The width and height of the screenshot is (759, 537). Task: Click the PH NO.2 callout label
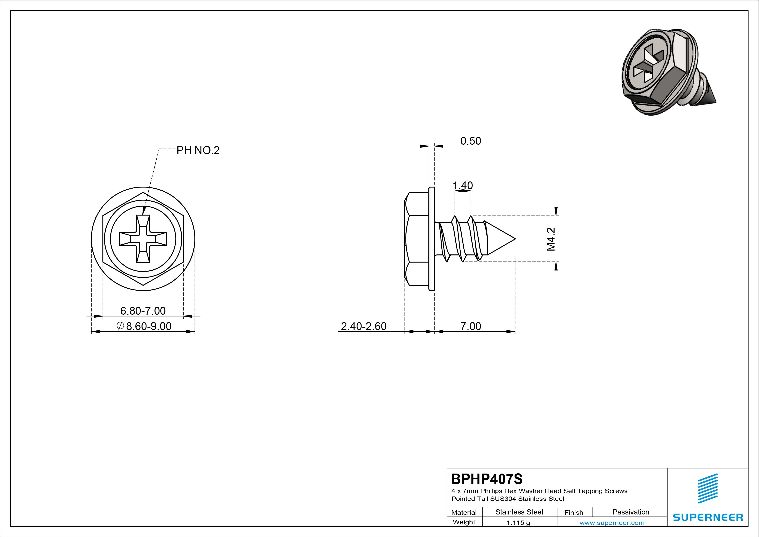(x=198, y=150)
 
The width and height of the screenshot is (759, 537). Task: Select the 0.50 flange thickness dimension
(x=471, y=141)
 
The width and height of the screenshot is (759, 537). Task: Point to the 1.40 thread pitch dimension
(x=463, y=186)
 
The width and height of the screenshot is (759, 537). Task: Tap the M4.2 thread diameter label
(x=551, y=239)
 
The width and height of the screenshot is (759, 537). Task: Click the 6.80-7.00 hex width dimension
(x=143, y=311)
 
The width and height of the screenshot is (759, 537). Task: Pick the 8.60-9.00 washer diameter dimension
(x=144, y=326)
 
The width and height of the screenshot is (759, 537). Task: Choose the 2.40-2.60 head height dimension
(x=364, y=326)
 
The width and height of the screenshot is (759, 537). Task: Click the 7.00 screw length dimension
(x=471, y=326)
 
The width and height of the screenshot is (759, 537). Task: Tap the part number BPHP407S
(x=487, y=479)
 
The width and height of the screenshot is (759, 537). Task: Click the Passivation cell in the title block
(x=631, y=512)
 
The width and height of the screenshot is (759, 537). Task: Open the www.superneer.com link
(x=612, y=523)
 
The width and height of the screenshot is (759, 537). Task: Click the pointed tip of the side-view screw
(x=515, y=239)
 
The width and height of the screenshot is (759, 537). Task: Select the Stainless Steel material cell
(x=519, y=512)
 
